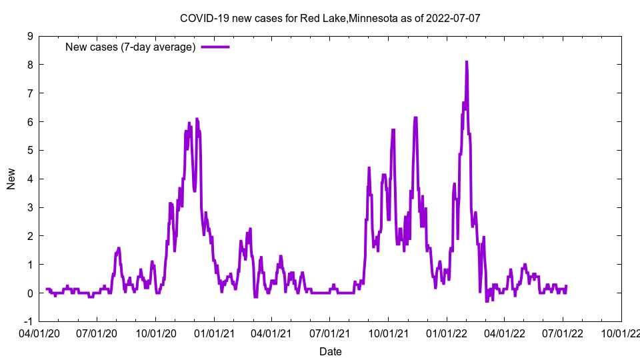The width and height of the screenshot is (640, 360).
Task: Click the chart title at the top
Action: click(330, 18)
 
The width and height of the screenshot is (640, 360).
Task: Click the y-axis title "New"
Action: click(11, 179)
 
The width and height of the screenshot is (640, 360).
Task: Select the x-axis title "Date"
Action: click(330, 351)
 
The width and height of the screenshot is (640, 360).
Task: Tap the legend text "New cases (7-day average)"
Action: click(130, 47)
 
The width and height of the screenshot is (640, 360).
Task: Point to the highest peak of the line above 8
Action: click(467, 62)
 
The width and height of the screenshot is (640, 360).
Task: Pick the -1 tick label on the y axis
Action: click(29, 321)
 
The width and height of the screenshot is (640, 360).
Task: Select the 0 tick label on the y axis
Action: click(31, 293)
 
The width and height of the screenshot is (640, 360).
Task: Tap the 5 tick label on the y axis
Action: click(31, 151)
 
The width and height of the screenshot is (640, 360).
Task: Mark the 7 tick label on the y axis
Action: click(31, 93)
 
